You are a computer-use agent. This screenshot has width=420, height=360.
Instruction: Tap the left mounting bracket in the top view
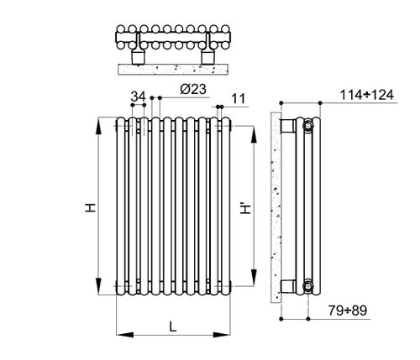(139, 56)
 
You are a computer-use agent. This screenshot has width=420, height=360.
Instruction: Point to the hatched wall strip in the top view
(171, 63)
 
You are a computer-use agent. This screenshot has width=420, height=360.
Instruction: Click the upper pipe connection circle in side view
(308, 127)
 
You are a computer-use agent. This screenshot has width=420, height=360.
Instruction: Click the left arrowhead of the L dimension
(120, 333)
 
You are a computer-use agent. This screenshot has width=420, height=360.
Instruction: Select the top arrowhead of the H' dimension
(254, 133)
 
